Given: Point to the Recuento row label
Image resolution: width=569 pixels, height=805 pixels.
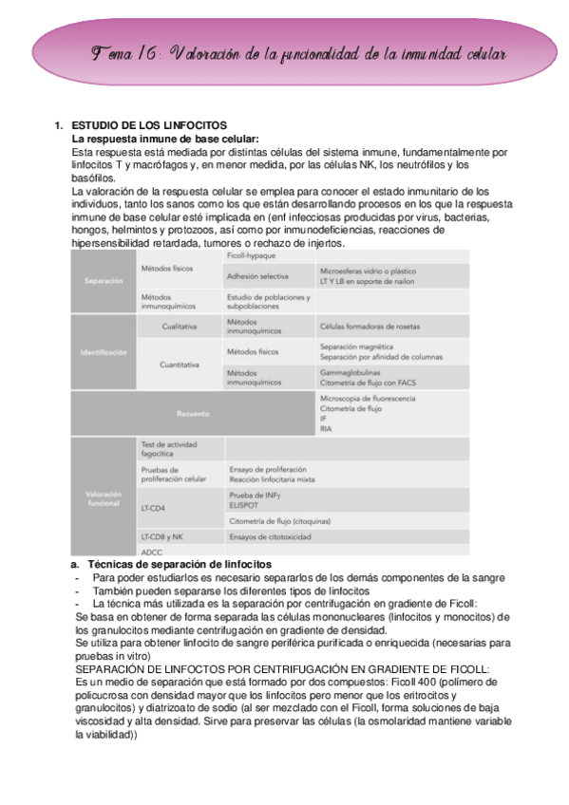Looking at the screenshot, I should tap(192, 413).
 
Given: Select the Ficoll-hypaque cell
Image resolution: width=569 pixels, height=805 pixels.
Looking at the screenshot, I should tap(251, 256).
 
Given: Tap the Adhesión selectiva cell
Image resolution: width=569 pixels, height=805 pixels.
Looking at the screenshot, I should tap(257, 276).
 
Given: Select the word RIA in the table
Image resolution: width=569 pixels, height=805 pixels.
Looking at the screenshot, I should tap(326, 428).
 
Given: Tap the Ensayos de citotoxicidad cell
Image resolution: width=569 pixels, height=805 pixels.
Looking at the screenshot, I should tap(270, 536).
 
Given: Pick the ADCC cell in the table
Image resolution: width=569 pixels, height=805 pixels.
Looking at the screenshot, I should tap(151, 552).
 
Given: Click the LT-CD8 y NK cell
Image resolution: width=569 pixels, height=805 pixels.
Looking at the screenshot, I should tap(162, 536).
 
